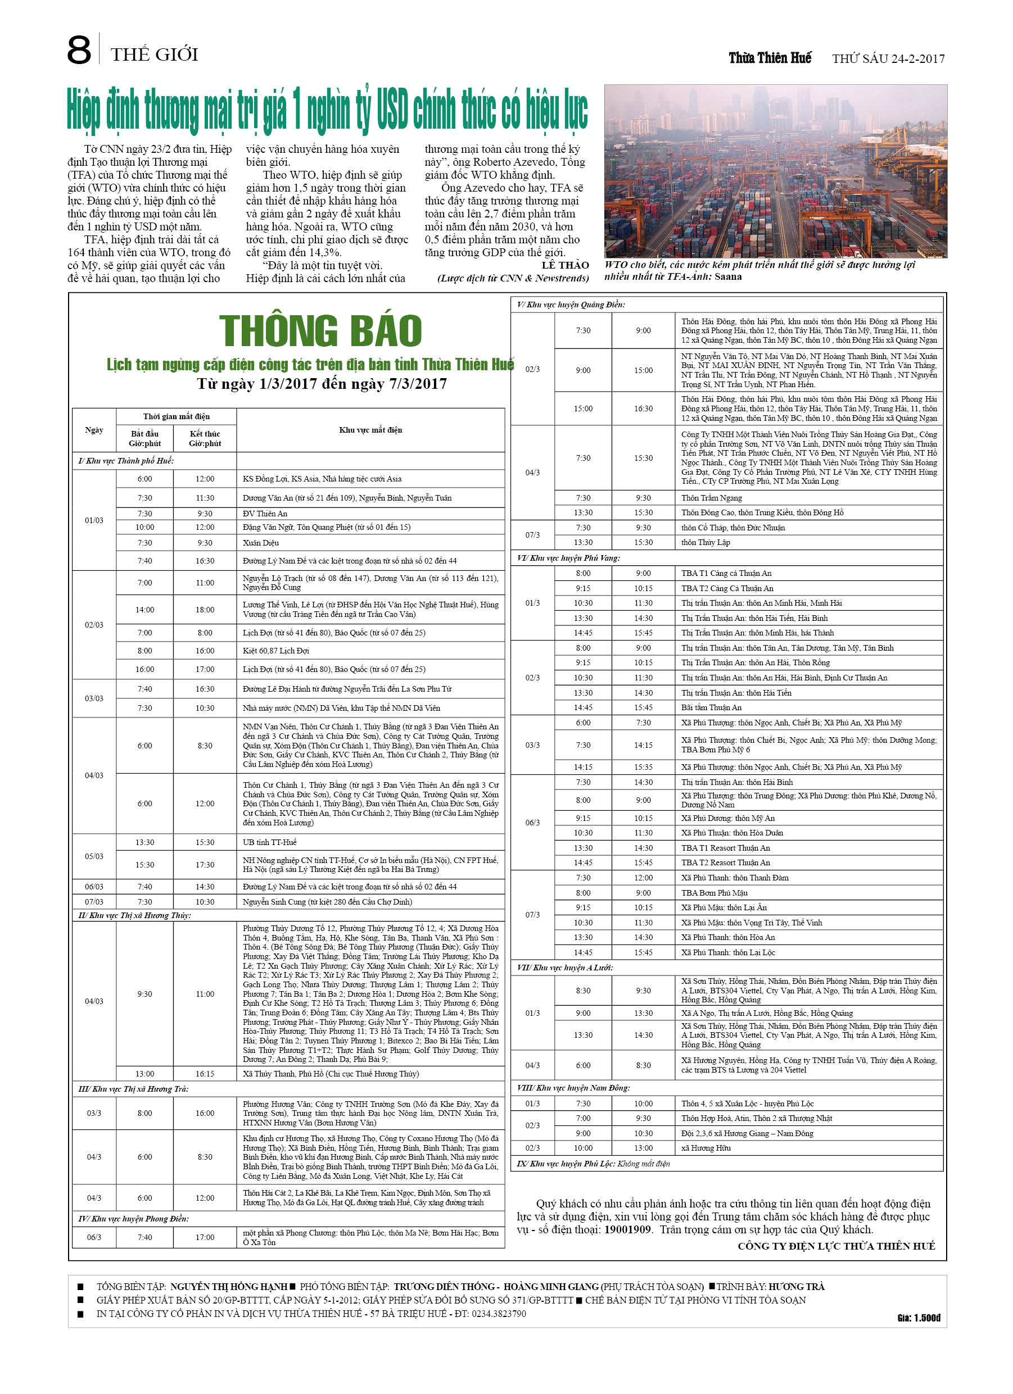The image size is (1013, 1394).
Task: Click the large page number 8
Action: pos(79,51)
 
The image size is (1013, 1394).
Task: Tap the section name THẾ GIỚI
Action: pos(155,55)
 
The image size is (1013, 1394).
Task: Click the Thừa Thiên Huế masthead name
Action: pos(770,58)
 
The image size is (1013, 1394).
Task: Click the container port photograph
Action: pos(775,171)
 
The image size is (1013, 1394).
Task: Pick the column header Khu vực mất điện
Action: pos(370,430)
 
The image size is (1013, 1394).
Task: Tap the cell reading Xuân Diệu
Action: pos(261,543)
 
